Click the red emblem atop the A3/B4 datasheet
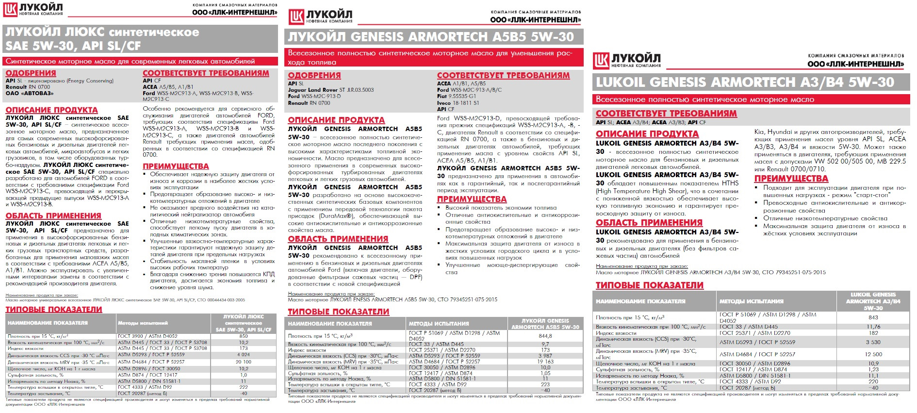click(601, 61)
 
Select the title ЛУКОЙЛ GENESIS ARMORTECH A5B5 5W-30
click(431, 37)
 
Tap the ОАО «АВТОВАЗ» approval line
click(30, 93)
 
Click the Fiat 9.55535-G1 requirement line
click(457, 96)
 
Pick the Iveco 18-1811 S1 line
click(458, 103)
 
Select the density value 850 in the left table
click(244, 336)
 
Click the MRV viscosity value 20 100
click(244, 362)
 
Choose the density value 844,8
click(545, 335)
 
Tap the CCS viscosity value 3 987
click(545, 356)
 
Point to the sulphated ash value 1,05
click(545, 373)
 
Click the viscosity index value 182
click(873, 333)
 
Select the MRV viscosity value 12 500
click(873, 354)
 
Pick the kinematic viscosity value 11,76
click(873, 327)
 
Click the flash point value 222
click(244, 387)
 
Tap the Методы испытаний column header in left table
click(143, 323)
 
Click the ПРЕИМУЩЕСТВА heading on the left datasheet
click(176, 166)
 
